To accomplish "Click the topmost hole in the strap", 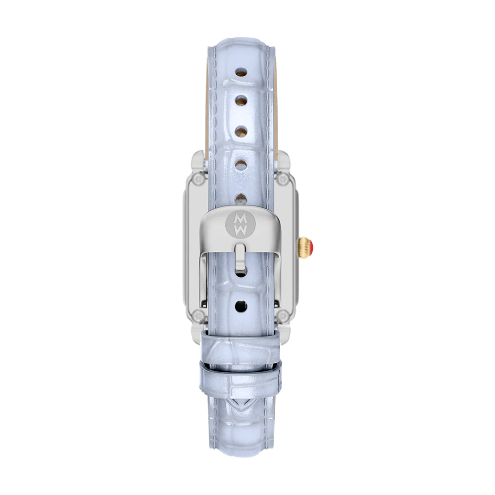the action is (x=241, y=72).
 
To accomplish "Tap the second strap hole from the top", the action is (x=241, y=100).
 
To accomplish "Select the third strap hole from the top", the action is (x=241, y=131).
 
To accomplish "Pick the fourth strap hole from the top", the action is (x=241, y=165).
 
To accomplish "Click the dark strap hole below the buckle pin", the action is (x=241, y=306).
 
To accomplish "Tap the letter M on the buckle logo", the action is (x=240, y=218).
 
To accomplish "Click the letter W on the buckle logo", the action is (x=240, y=230).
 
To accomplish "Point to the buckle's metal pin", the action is (x=240, y=257).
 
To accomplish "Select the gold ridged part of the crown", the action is (x=303, y=247).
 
